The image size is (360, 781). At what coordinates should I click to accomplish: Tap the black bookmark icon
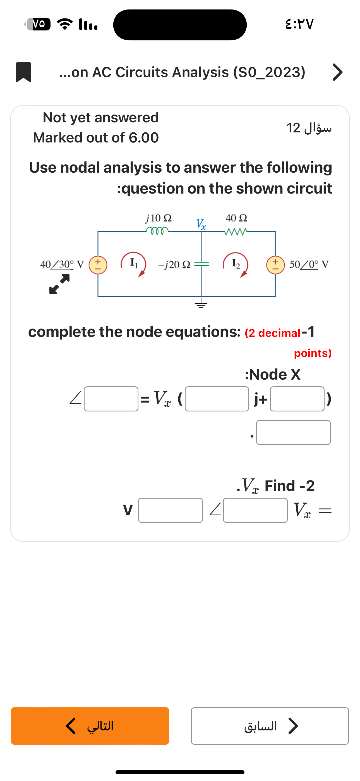click(23, 72)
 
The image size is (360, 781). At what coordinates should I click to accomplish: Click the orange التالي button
click(90, 726)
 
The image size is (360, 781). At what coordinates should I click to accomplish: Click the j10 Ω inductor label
click(159, 218)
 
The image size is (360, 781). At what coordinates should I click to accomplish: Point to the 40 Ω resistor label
click(236, 218)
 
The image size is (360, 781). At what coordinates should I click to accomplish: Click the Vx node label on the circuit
click(201, 224)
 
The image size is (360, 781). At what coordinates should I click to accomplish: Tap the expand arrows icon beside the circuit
click(59, 284)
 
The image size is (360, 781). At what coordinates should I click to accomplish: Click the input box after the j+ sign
click(297, 399)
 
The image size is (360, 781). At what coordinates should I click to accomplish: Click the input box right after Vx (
click(217, 399)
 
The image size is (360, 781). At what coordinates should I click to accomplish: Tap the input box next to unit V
click(170, 510)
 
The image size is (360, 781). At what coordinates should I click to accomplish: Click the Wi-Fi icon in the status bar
click(65, 24)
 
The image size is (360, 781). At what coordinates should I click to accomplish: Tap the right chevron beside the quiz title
click(337, 72)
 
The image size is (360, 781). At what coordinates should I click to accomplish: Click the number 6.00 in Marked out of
click(144, 138)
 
